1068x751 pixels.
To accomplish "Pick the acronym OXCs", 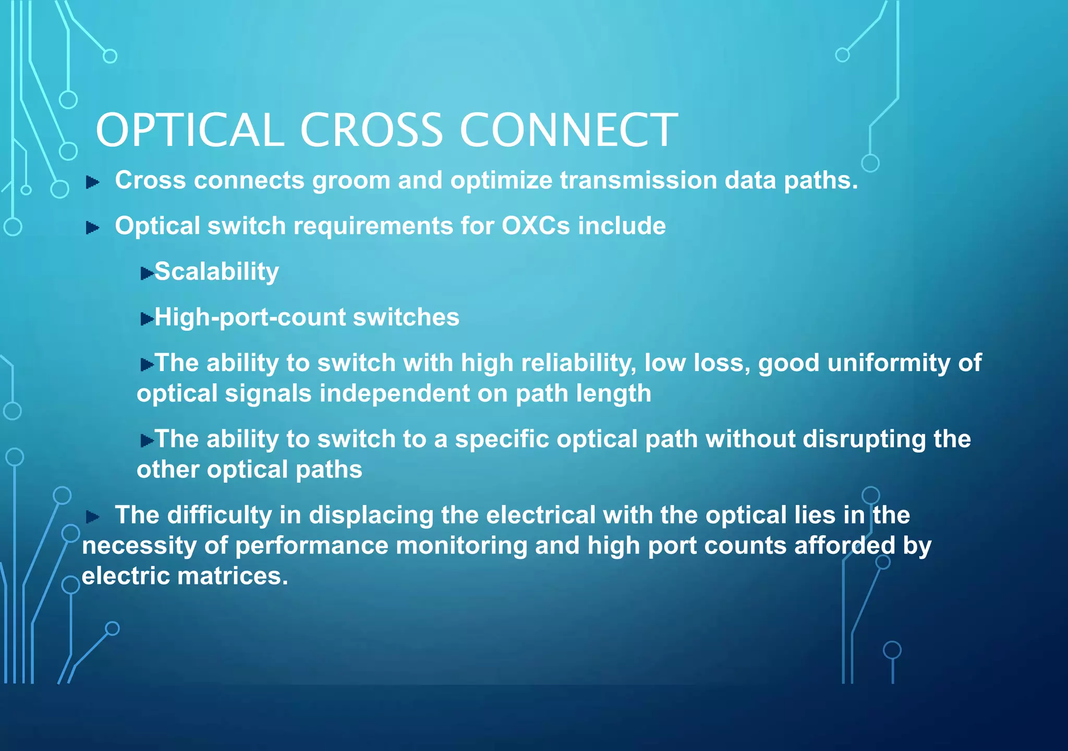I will click(536, 226).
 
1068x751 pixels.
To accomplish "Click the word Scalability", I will click(217, 272).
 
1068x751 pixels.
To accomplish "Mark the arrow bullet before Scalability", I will click(147, 273).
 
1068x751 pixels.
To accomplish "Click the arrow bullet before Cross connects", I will click(93, 182).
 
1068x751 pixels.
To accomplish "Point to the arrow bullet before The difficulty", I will click(93, 516).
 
